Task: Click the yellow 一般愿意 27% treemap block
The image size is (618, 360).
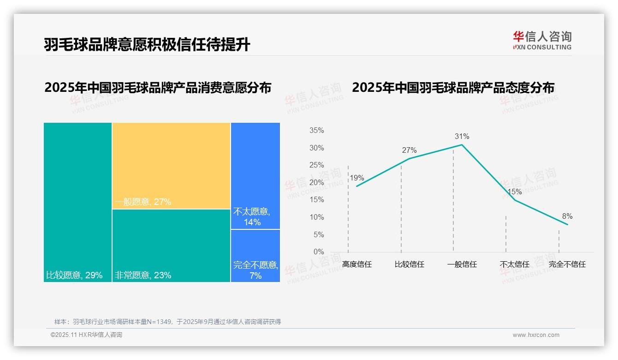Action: tap(171, 165)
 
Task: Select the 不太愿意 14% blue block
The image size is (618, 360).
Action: tap(255, 175)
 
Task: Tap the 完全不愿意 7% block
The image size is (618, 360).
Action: tap(255, 256)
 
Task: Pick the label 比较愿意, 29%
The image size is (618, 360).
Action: tap(74, 276)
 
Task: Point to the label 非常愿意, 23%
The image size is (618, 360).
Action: tap(143, 276)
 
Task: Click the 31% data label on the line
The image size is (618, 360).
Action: tap(462, 137)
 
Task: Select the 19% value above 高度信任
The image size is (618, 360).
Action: tap(357, 178)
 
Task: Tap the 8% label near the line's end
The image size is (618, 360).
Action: tap(567, 216)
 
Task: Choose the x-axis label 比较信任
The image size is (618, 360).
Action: tap(409, 264)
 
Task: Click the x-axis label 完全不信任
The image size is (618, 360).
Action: tap(567, 264)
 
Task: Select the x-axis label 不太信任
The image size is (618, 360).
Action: tap(514, 264)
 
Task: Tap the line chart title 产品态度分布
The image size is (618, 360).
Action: tap(453, 88)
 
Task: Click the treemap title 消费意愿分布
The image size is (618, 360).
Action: tap(158, 88)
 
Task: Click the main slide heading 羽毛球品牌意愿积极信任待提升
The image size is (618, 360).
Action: tap(147, 44)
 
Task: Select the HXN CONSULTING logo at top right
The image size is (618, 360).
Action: tap(542, 41)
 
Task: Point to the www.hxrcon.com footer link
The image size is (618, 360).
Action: tap(536, 335)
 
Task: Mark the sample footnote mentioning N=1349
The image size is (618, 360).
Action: tap(167, 322)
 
